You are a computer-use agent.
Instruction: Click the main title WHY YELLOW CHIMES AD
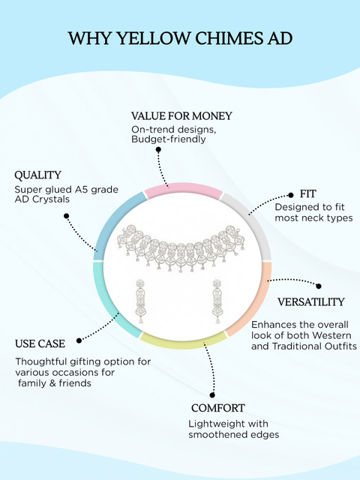click(x=180, y=38)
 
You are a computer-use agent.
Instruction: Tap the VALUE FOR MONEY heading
click(x=181, y=116)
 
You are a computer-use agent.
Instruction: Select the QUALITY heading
click(x=38, y=175)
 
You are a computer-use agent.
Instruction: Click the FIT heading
click(x=307, y=193)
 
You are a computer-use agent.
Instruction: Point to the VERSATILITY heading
click(x=311, y=301)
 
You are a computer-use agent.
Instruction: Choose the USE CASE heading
click(x=40, y=343)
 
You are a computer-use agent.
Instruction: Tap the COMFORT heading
click(x=218, y=408)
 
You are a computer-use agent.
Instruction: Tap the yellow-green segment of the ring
click(x=183, y=342)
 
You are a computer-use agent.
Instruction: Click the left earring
click(x=140, y=301)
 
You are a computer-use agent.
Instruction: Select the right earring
click(x=217, y=301)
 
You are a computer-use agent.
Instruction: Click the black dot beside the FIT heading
click(x=291, y=195)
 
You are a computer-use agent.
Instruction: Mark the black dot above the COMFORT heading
click(x=212, y=395)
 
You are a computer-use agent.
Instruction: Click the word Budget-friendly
click(x=168, y=139)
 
